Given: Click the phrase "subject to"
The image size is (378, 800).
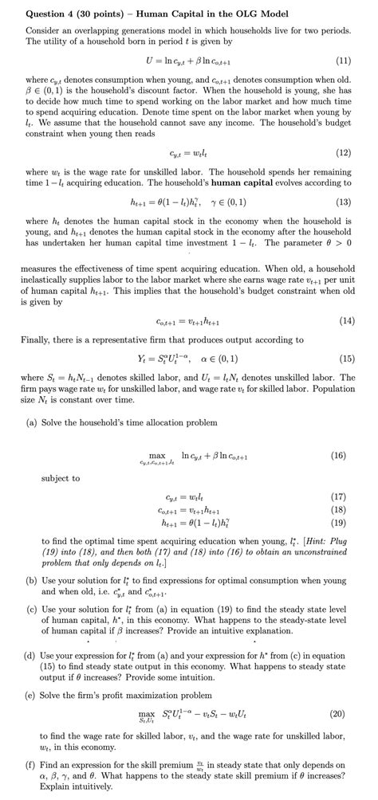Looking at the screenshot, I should click(x=61, y=478).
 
